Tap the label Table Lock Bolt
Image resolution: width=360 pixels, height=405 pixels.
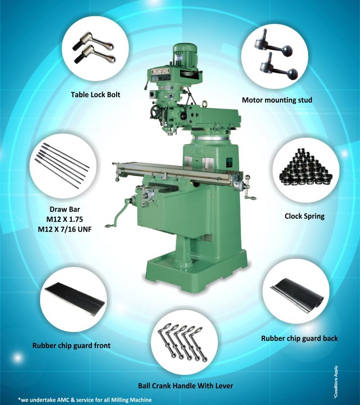point(95,94)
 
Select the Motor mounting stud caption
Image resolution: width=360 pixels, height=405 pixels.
point(277,99)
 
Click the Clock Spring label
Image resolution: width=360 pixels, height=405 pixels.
point(304,216)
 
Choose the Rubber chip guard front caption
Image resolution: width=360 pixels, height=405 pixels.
point(72,346)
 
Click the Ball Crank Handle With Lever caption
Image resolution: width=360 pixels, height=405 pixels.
point(186,386)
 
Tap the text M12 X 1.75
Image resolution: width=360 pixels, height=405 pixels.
point(66,219)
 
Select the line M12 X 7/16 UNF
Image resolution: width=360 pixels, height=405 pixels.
point(66,229)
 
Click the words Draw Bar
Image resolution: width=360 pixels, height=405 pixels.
point(66,209)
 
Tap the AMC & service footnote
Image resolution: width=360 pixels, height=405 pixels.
point(85,400)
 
